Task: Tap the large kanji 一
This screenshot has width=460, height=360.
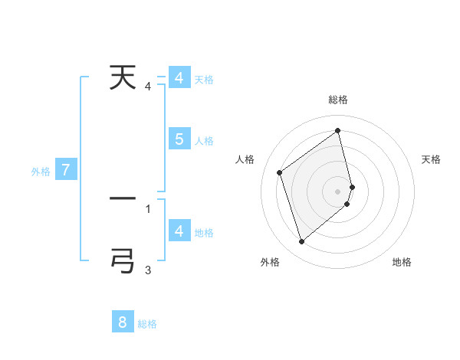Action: tap(123, 198)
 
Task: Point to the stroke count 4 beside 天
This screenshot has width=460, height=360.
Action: tap(148, 87)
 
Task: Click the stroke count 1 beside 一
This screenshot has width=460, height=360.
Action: tap(148, 208)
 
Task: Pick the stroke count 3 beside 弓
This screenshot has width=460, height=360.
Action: tap(148, 270)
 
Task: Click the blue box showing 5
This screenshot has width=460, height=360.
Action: tap(179, 139)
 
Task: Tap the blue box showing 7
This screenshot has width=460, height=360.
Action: tap(66, 170)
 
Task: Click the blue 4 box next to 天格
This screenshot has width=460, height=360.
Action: tap(179, 78)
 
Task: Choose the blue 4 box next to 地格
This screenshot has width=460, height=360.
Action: tap(179, 231)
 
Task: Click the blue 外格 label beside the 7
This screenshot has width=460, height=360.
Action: tap(41, 172)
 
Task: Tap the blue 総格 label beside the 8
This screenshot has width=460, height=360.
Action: tap(147, 324)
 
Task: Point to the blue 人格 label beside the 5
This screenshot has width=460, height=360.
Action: tap(204, 141)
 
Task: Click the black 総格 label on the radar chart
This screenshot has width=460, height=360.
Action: tap(338, 100)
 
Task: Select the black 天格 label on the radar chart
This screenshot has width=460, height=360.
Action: tap(431, 159)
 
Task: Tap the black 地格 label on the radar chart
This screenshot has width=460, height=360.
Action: tap(402, 262)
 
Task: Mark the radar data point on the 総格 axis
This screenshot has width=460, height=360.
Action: tap(338, 130)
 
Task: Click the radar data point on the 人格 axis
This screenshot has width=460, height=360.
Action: tap(280, 172)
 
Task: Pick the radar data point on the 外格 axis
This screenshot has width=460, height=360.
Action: tap(301, 242)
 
